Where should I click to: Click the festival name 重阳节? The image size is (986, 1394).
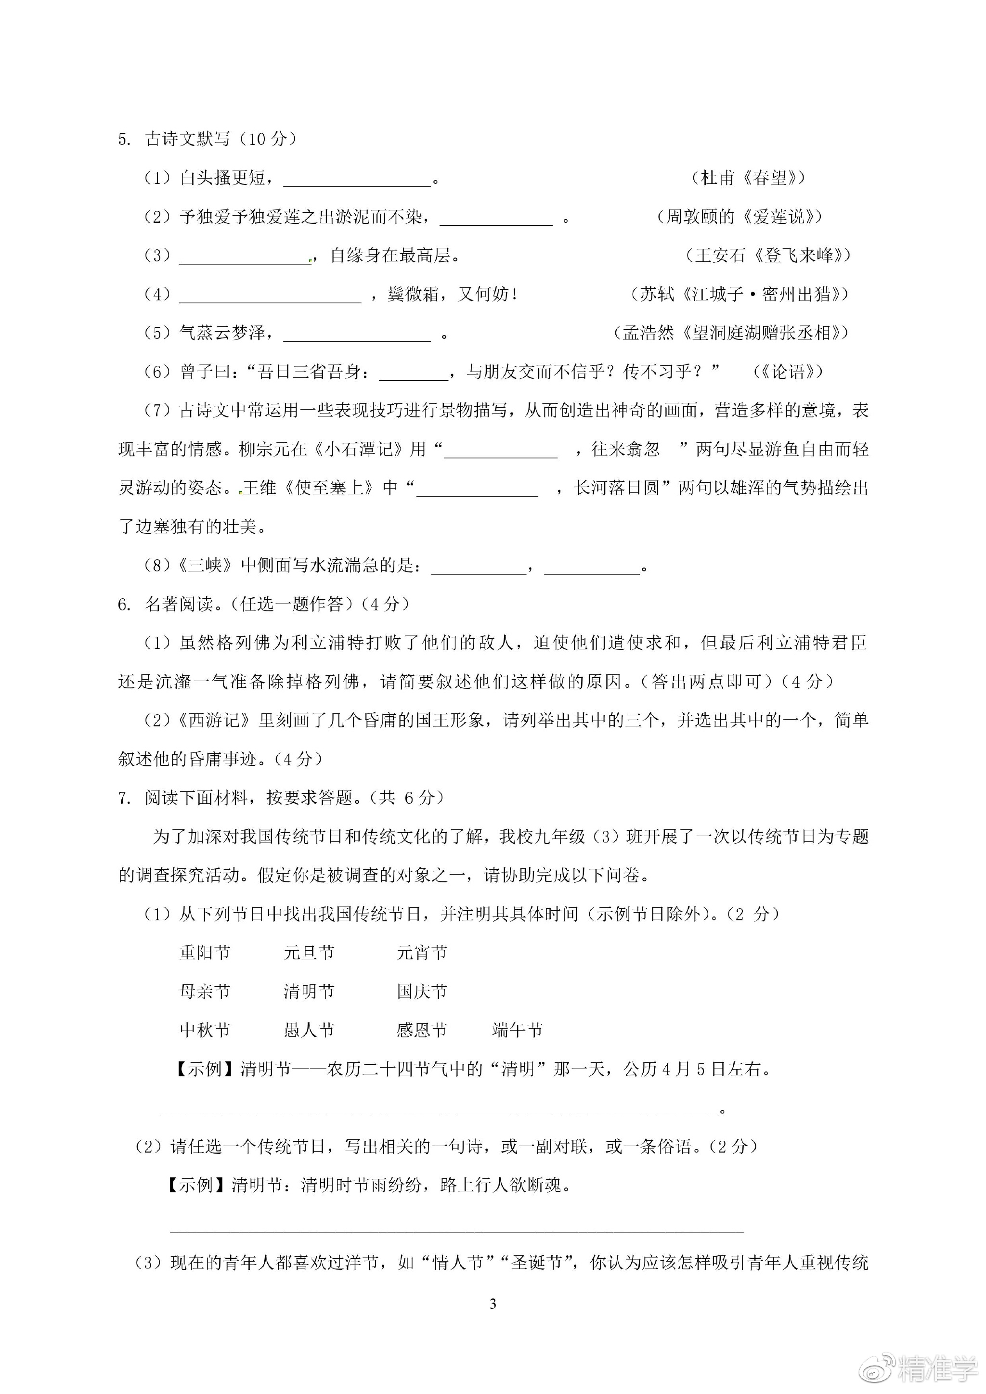[x=205, y=953]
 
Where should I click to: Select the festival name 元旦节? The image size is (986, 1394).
[x=309, y=953]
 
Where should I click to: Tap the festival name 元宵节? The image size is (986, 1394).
[x=422, y=953]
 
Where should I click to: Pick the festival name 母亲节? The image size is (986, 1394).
[x=205, y=992]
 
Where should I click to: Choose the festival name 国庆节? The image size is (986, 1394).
[x=422, y=992]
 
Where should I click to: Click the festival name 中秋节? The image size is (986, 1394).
[x=205, y=1030]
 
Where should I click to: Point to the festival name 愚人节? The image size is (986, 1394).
[x=309, y=1030]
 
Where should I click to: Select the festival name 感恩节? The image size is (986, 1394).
[x=422, y=1030]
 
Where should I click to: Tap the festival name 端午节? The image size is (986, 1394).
[x=517, y=1030]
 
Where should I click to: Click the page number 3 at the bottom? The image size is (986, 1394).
[x=493, y=1304]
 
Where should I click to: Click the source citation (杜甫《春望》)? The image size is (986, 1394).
[x=749, y=178]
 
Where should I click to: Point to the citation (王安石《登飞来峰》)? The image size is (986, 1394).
[x=767, y=256]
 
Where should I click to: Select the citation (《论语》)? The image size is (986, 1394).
[x=788, y=372]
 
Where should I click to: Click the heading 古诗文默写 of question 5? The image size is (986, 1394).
[x=188, y=139]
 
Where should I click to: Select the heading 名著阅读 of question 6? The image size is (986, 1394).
[x=179, y=604]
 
